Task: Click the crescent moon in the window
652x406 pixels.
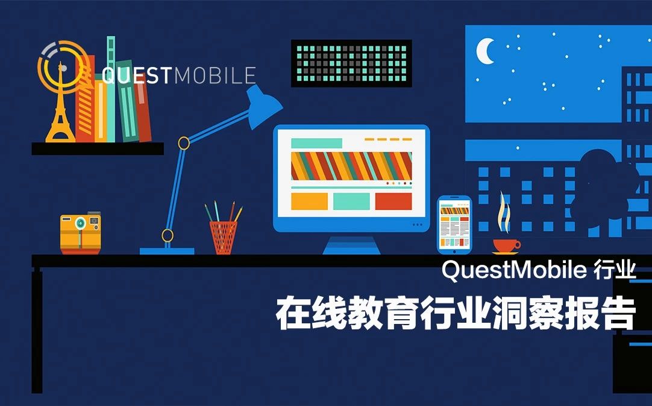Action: pos(484,51)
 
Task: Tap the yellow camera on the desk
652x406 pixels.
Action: pos(80,232)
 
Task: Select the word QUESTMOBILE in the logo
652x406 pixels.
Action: pos(179,75)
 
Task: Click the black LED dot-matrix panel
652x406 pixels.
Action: pos(351,63)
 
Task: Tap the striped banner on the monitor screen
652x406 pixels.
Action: pos(351,165)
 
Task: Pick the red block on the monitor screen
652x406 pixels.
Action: pos(393,201)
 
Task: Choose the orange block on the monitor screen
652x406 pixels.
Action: pos(309,201)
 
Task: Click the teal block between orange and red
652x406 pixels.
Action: pos(351,201)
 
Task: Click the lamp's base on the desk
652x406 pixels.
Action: pos(167,250)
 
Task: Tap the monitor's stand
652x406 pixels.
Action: pos(351,244)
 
